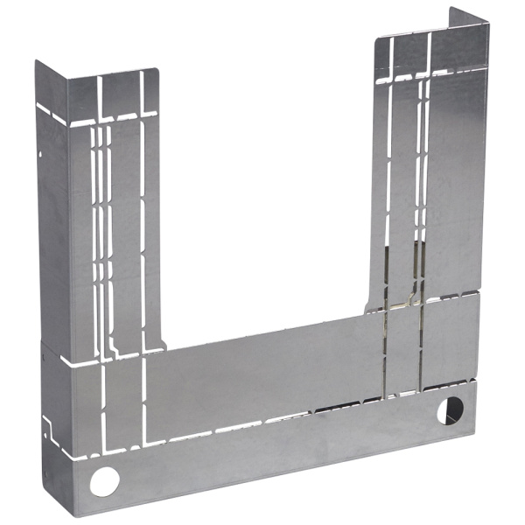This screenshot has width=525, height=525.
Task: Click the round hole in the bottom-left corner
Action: pos(105,479)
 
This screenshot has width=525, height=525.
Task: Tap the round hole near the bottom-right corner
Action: pos(450,409)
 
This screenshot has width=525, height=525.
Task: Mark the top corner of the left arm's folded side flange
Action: pos(36,63)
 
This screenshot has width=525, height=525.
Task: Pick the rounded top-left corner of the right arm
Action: pos(378,40)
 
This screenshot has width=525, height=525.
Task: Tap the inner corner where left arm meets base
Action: pos(164,348)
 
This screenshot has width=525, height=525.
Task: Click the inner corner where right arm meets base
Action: pos(368,311)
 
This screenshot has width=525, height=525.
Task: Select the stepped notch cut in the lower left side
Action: pos(52,429)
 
